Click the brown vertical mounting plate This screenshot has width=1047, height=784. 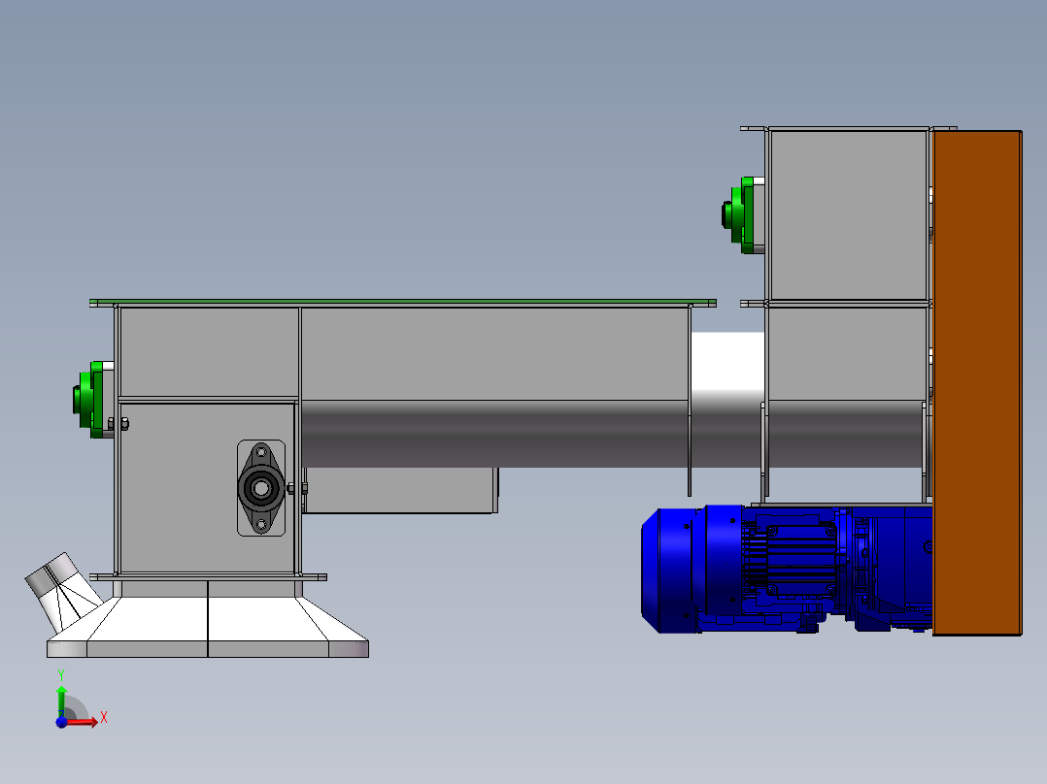point(977,383)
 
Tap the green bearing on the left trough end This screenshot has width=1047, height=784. point(89,400)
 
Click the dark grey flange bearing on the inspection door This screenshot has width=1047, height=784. point(261,488)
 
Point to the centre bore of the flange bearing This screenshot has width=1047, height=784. point(261,488)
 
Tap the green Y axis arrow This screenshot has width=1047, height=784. point(61,698)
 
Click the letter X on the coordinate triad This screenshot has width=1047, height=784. point(104,718)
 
